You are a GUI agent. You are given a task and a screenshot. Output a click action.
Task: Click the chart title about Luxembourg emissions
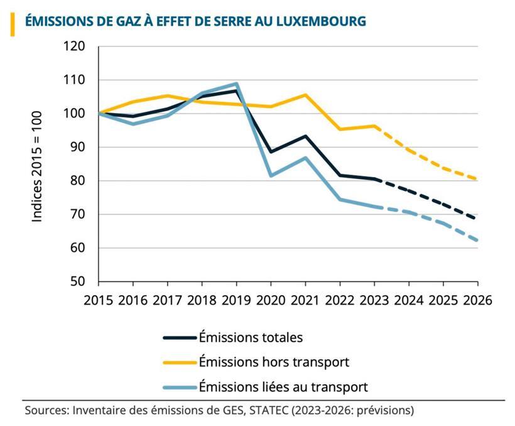(195, 21)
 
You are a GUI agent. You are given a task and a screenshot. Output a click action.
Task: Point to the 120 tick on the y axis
(75, 47)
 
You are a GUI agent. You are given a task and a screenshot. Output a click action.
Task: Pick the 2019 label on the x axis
(235, 299)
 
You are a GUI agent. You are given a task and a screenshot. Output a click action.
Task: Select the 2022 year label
(339, 299)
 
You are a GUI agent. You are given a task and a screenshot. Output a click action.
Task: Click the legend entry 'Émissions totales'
(251, 337)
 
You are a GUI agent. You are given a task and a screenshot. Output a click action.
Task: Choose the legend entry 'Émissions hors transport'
(274, 362)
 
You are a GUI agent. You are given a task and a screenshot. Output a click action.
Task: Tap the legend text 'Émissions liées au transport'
(283, 386)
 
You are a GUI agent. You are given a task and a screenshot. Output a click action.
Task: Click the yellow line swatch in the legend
(180, 362)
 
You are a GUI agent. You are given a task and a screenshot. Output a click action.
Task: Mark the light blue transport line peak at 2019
(236, 84)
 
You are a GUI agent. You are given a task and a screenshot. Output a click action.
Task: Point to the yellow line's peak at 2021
(305, 95)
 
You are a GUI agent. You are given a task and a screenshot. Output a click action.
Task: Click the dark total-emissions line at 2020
(271, 151)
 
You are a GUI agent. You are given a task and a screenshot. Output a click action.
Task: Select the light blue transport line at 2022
(340, 199)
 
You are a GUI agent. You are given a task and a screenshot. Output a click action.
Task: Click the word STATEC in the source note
(263, 411)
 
